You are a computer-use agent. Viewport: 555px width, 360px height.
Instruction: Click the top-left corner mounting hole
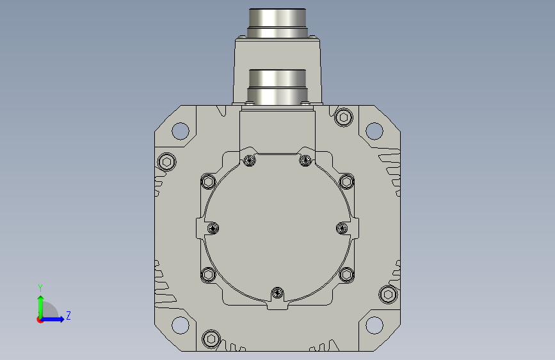coord(180,131)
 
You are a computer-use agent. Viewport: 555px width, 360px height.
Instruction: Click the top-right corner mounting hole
coord(374,131)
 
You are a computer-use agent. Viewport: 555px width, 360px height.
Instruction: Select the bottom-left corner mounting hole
coord(180,325)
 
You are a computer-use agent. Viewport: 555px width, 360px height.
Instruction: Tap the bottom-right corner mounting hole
coord(374,325)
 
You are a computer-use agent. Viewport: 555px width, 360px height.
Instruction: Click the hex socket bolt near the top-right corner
coord(343,117)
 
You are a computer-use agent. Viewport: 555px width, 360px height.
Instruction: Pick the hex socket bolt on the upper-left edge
coord(166,162)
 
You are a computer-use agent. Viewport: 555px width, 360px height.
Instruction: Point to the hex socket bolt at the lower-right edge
coord(388,295)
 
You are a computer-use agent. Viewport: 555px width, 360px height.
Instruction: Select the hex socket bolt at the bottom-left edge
coord(211,339)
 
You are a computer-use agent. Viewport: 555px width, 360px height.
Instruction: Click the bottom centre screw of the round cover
coord(278,293)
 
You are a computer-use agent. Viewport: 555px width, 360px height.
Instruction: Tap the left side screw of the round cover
coord(213,228)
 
